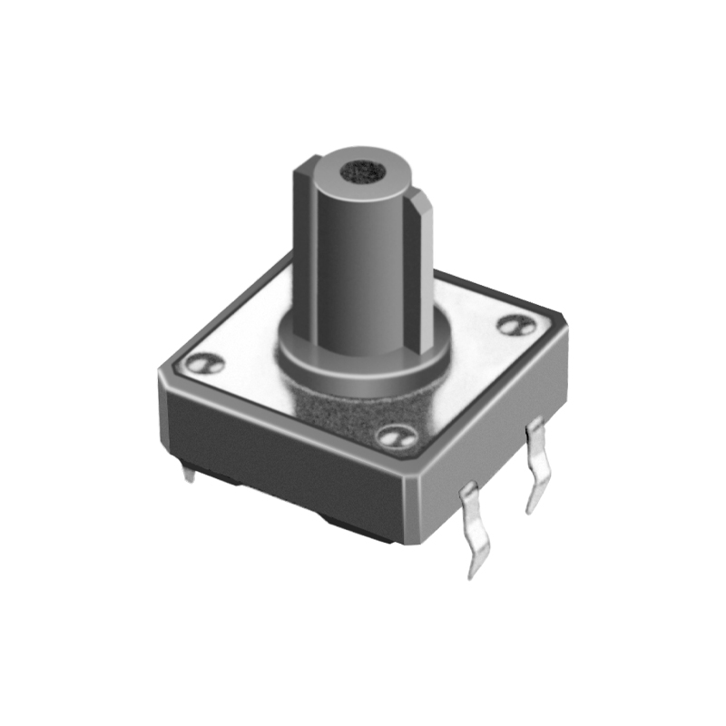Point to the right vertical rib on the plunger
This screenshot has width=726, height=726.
click(x=419, y=263)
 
